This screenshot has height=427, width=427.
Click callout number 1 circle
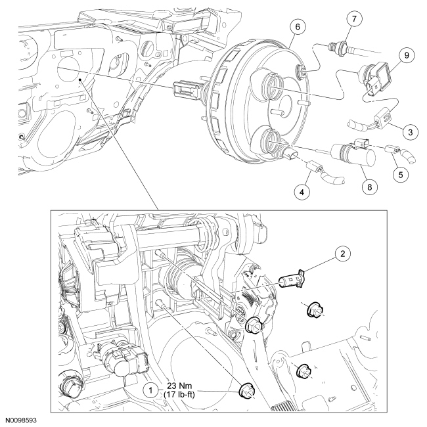[x=152, y=390]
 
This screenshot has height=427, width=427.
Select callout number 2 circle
[x=341, y=252]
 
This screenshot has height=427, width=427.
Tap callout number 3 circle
[x=411, y=132]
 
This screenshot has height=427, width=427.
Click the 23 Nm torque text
[x=182, y=386]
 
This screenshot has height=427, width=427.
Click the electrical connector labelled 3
[x=380, y=119]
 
